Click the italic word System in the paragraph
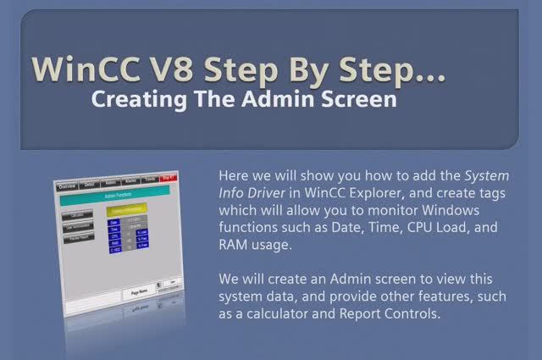coord(487,176)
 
